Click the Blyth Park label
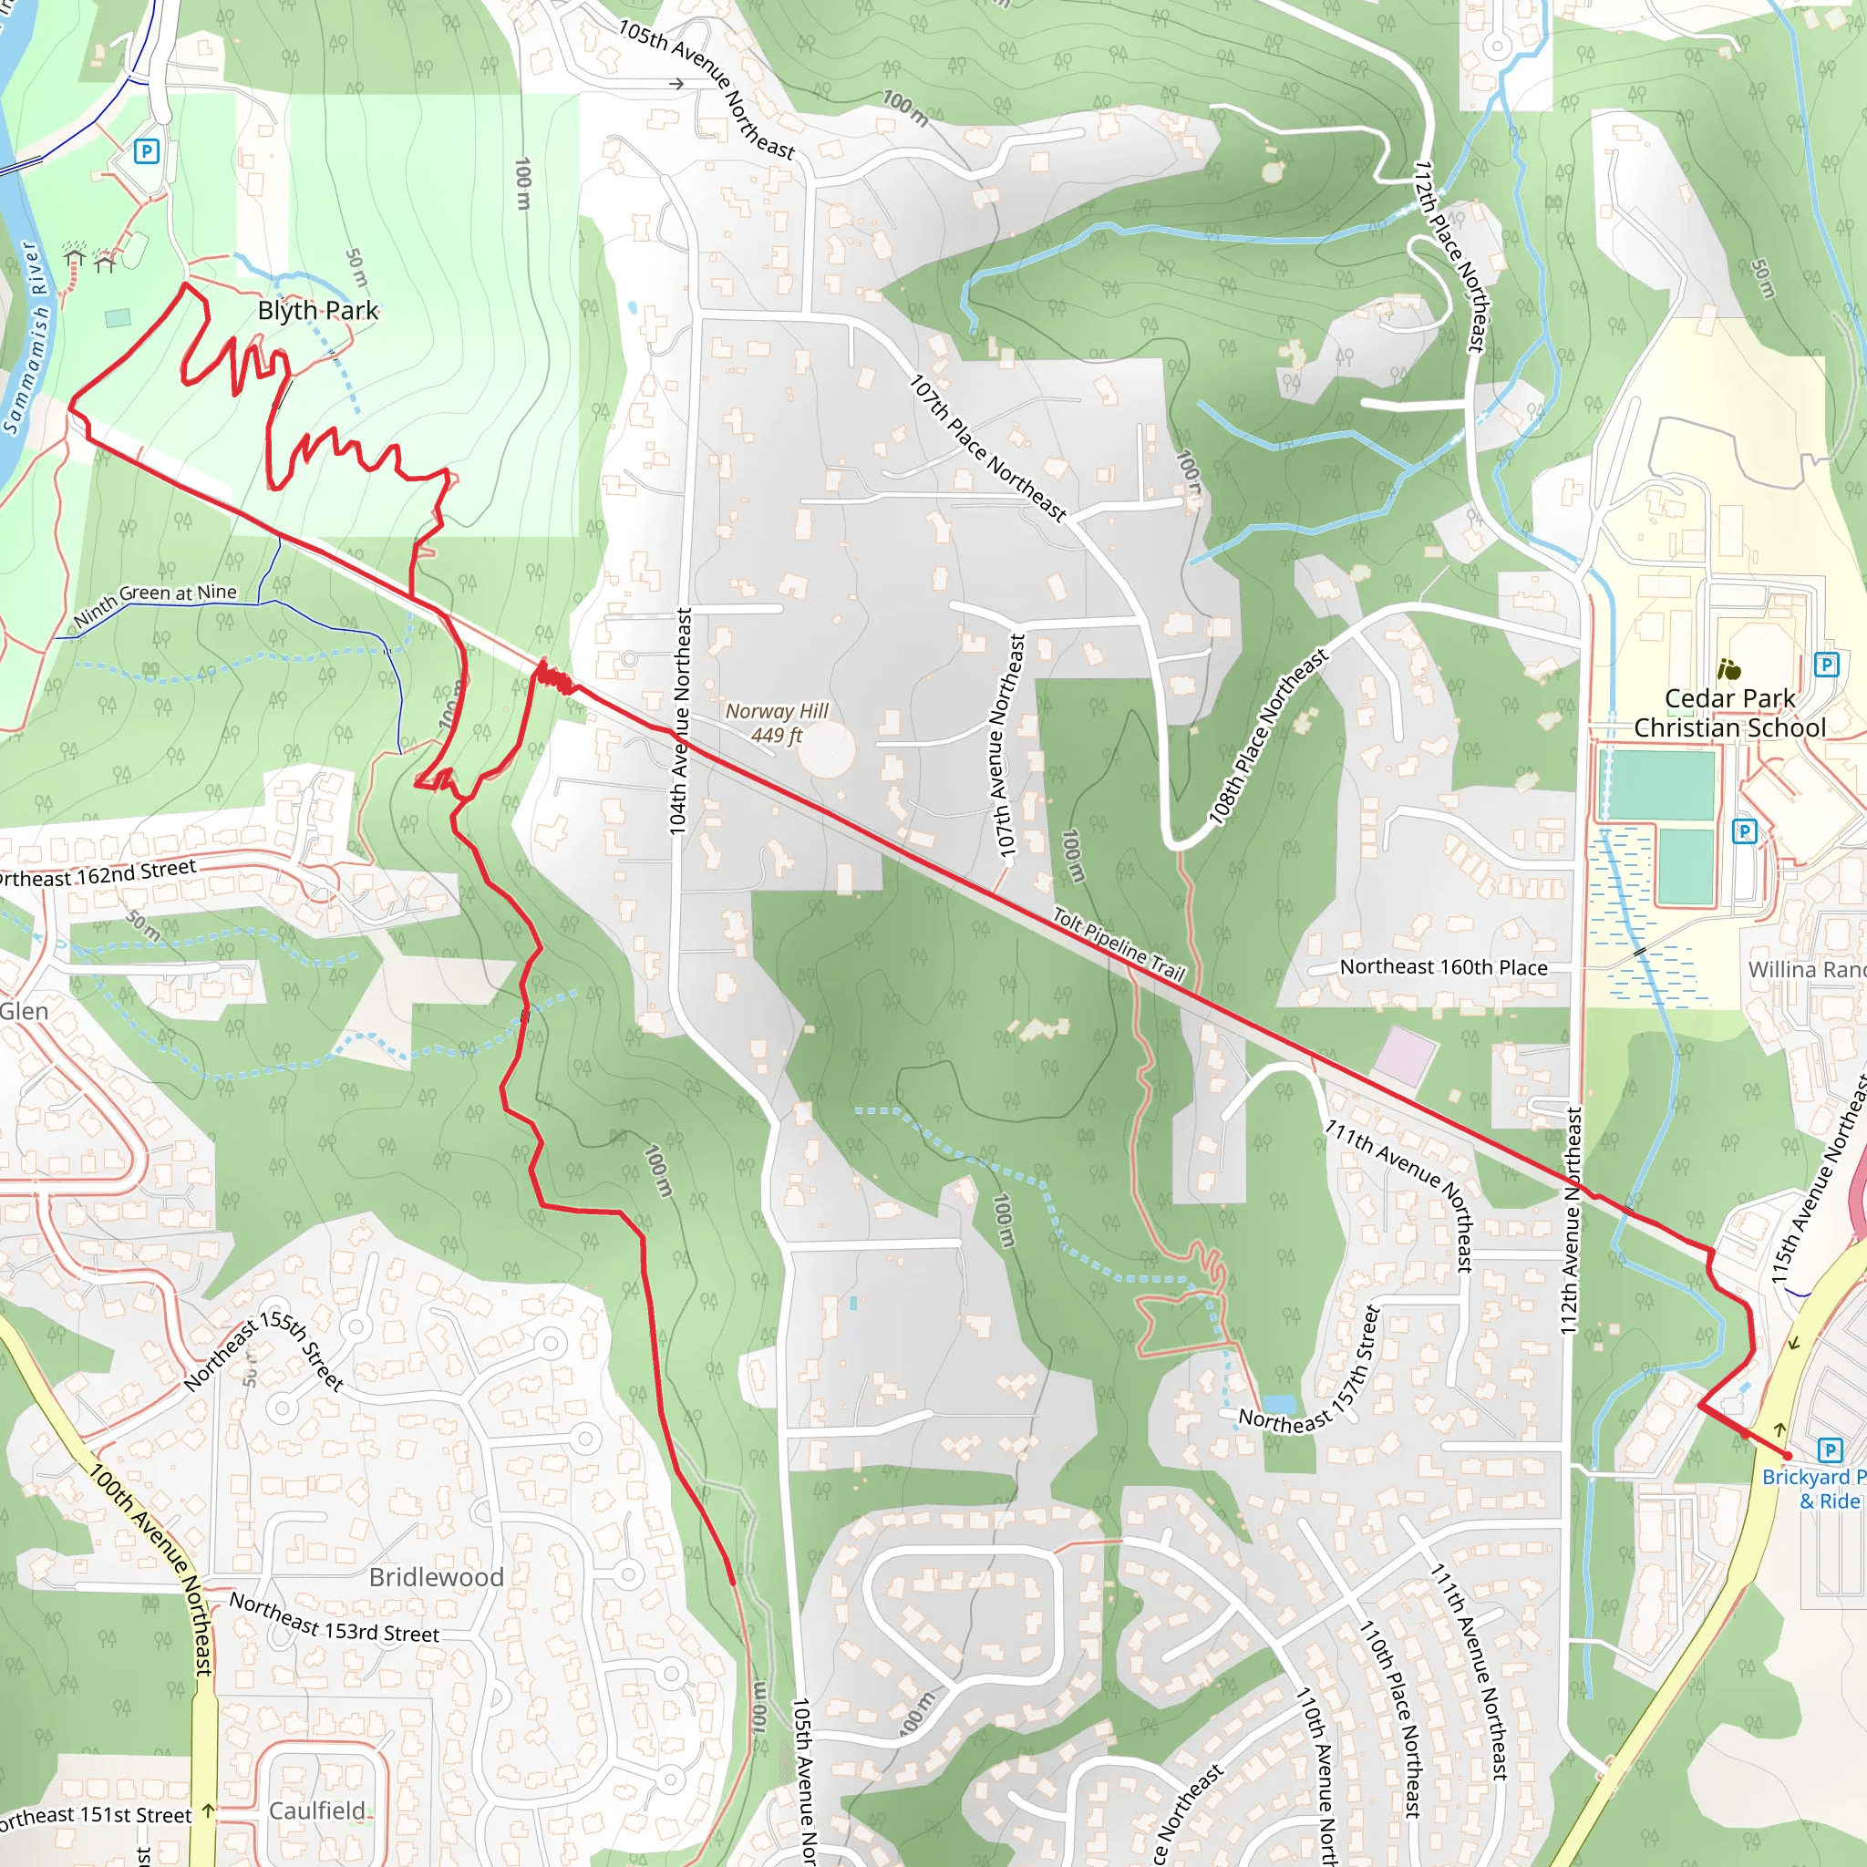tap(318, 310)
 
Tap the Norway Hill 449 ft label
tap(777, 723)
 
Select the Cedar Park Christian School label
tap(1728, 713)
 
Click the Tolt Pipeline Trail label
tap(1118, 944)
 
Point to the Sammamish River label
tap(26, 337)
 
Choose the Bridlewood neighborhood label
tap(436, 1577)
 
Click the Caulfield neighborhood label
tap(317, 1810)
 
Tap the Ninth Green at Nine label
tap(155, 604)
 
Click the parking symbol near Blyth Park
tap(146, 150)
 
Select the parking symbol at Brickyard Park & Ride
tap(1830, 1449)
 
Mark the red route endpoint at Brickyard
tap(1788, 1455)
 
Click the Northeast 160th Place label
tap(1443, 967)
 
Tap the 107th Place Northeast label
tap(986, 449)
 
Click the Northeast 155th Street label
tap(263, 1354)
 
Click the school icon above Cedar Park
tap(1728, 669)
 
